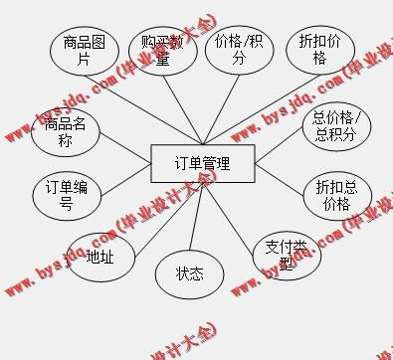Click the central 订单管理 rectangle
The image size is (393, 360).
tap(202, 164)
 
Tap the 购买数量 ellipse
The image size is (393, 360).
tap(161, 50)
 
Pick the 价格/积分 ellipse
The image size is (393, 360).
tap(240, 51)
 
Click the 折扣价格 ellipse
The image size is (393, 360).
tap(319, 50)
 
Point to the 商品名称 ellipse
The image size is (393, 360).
tap(65, 133)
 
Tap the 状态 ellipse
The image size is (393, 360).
tap(190, 273)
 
